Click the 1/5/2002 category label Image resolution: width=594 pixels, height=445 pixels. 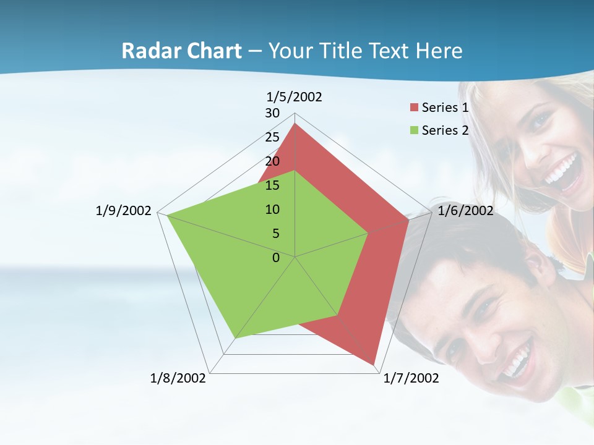(295, 97)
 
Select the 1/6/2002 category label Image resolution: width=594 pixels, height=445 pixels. (465, 211)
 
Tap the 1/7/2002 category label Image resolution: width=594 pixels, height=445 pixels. (411, 378)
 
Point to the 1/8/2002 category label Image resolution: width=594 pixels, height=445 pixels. (178, 378)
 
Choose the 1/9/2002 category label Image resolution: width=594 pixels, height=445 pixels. (124, 211)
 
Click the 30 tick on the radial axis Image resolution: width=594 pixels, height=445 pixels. (272, 113)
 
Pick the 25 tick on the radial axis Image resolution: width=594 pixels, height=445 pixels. (272, 137)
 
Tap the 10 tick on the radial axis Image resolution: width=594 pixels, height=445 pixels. (272, 210)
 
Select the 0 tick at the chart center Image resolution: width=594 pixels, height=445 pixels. (276, 258)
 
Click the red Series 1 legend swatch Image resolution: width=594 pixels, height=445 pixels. (414, 108)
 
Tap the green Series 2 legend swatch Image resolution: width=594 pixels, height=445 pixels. (414, 130)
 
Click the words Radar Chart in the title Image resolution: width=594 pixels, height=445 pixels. (181, 51)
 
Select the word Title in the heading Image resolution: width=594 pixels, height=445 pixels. (343, 51)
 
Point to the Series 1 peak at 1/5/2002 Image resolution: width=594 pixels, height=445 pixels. (295, 124)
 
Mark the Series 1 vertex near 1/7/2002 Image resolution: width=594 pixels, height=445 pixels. (374, 364)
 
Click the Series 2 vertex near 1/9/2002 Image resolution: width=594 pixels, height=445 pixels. (167, 215)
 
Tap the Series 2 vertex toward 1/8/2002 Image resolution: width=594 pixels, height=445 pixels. (235, 338)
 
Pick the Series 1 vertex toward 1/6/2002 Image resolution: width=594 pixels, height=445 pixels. (408, 219)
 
